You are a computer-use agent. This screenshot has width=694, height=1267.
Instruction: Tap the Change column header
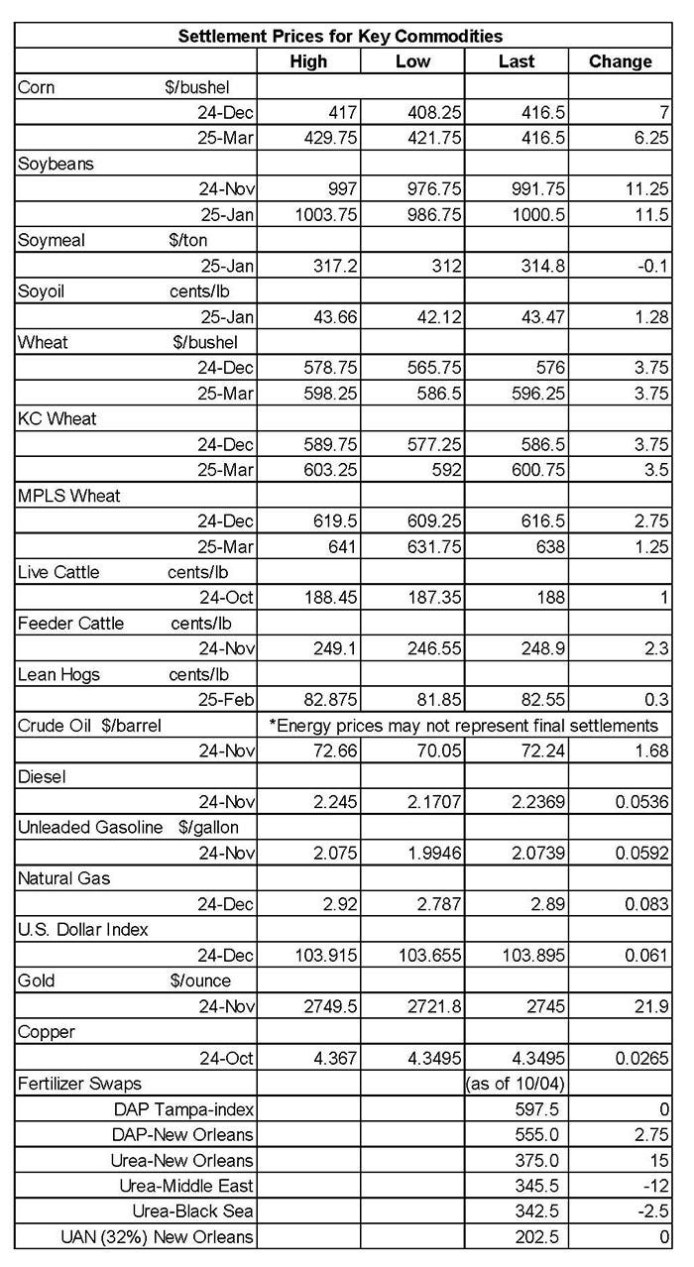(x=620, y=61)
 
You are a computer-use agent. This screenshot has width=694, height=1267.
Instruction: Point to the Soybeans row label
(x=57, y=164)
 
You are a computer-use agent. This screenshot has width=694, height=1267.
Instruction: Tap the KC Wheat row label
(x=58, y=418)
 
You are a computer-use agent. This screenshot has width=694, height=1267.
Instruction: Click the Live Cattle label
(x=59, y=572)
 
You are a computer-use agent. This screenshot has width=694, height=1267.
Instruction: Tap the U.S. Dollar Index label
(x=81, y=929)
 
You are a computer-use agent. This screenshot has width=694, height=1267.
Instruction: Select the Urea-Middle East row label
(x=195, y=1185)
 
